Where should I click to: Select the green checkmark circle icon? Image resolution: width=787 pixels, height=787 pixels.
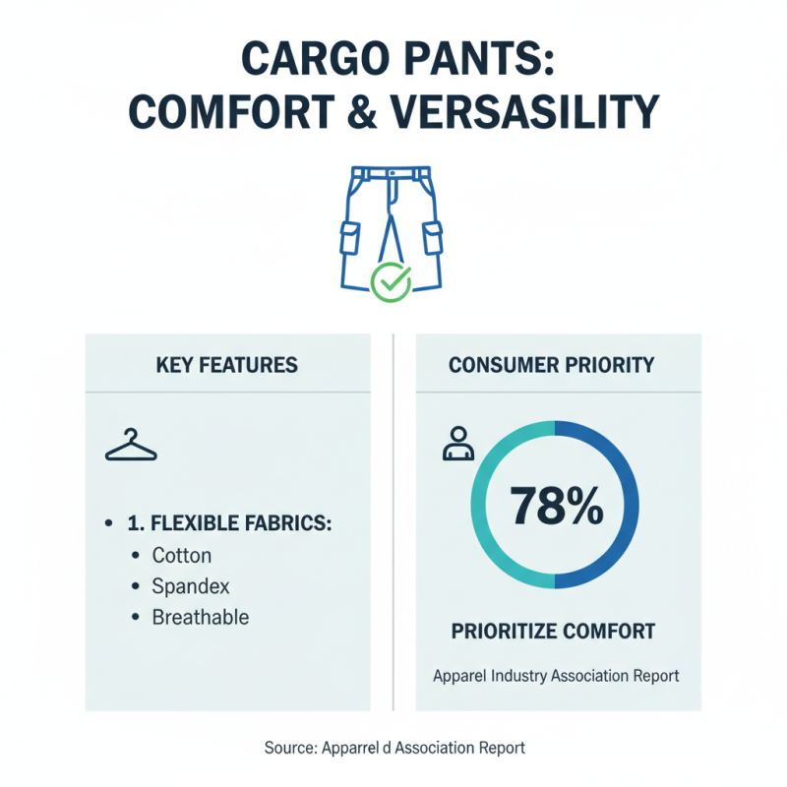(x=391, y=281)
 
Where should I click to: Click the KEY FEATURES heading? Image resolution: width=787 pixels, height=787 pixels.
(x=227, y=365)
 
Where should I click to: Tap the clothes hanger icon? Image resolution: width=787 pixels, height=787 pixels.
(x=131, y=447)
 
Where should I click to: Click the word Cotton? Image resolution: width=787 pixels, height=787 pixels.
(x=181, y=556)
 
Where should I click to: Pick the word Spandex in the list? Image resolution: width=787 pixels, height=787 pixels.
(x=191, y=586)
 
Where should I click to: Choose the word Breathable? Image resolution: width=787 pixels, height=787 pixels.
(x=200, y=618)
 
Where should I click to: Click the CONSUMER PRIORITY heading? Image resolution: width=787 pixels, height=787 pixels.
(x=551, y=365)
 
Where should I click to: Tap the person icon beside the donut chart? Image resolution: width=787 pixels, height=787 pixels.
(x=457, y=444)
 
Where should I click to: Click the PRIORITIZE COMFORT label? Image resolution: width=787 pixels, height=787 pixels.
(x=553, y=631)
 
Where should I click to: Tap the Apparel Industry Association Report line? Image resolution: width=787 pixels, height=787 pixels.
(x=556, y=677)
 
